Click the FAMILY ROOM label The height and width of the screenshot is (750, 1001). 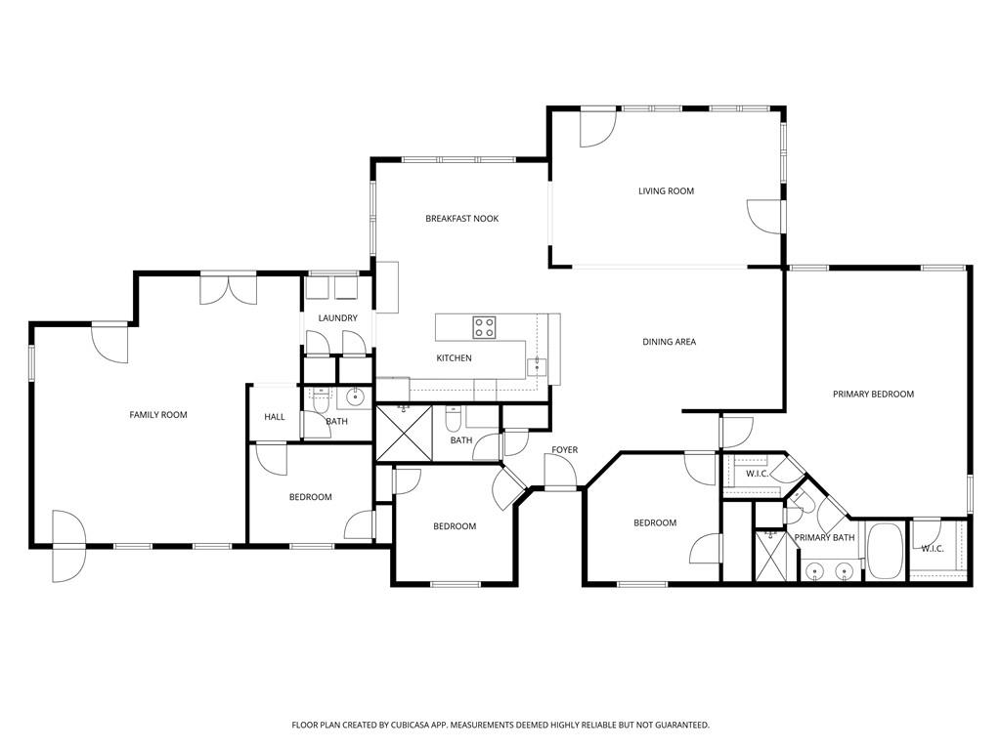(x=158, y=415)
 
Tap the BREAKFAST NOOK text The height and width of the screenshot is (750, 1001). (x=461, y=219)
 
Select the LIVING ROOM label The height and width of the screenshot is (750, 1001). (x=666, y=191)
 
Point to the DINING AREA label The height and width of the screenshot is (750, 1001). (x=669, y=342)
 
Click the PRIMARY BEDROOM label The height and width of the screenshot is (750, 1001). (x=873, y=395)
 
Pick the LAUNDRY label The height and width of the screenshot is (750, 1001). (x=337, y=318)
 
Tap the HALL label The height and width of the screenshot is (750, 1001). (x=275, y=417)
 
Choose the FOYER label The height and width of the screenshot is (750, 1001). (x=564, y=450)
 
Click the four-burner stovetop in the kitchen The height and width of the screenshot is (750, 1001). (x=485, y=326)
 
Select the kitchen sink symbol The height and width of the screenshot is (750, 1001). (x=536, y=366)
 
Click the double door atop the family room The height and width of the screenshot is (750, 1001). (x=229, y=289)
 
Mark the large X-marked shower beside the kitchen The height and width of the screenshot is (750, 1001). (x=404, y=434)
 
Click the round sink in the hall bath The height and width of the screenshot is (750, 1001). (x=356, y=396)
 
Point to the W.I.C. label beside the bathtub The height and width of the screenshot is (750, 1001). (x=932, y=549)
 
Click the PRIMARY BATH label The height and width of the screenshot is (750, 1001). (x=824, y=538)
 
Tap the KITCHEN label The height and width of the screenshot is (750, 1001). (x=454, y=358)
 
